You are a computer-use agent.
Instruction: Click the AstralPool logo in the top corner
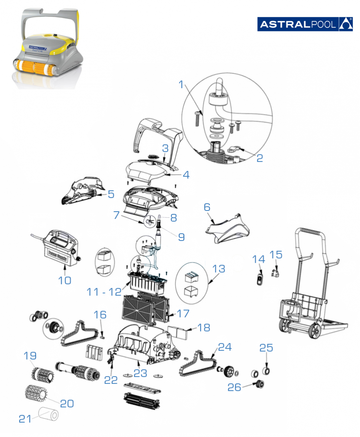coord(305,24)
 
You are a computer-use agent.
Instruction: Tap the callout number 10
coord(64,280)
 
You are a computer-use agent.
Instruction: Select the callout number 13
coord(219,269)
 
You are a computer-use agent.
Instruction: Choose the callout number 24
coord(224,347)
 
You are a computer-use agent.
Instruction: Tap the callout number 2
coord(260,158)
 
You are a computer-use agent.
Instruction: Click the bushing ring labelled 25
coord(266,370)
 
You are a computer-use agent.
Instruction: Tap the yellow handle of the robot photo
coord(76,23)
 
